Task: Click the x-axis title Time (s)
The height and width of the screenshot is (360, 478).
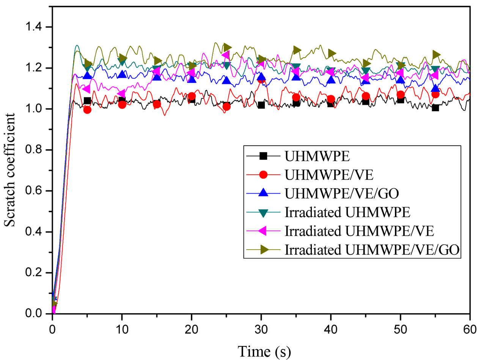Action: tap(264, 350)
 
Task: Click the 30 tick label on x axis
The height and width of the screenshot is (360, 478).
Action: tap(261, 327)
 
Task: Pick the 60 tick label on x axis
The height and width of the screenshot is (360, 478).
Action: tap(470, 327)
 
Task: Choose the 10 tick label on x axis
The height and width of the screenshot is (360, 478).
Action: tap(122, 327)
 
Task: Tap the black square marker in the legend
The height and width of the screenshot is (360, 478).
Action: tap(264, 156)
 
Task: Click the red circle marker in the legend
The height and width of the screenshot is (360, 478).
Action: tap(264, 175)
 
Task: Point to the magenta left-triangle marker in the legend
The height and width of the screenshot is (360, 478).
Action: tap(264, 231)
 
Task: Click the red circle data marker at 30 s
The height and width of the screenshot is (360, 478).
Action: tap(261, 79)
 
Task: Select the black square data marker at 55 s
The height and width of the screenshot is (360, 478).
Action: tap(435, 107)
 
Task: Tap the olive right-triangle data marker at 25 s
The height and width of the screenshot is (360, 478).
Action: tap(227, 47)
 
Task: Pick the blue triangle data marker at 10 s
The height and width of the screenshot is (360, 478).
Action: tap(122, 74)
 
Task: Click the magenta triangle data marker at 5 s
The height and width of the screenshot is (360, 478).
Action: tap(87, 89)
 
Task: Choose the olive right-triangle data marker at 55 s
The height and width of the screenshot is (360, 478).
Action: tap(436, 55)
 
